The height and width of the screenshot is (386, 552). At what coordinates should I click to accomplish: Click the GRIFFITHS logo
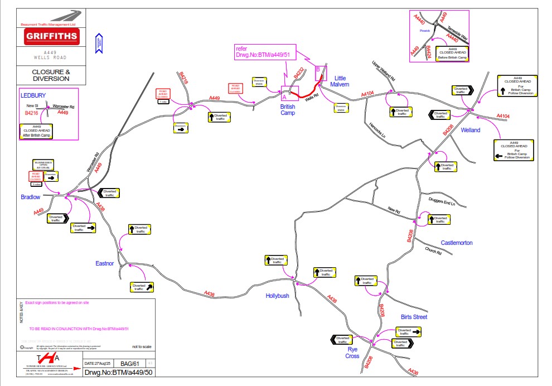pos(51,37)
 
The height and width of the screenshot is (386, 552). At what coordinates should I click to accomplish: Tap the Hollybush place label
pos(277,296)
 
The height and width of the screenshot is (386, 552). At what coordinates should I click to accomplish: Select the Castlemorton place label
pos(457,243)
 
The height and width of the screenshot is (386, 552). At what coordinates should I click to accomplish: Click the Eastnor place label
pos(104,263)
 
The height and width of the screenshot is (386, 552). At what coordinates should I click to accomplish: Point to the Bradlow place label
pos(31,197)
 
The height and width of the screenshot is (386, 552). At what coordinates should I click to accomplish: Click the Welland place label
pos(471,130)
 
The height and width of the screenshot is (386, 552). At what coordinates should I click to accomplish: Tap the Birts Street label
pos(414,317)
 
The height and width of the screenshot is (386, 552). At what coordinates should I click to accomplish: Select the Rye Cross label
pos(352,353)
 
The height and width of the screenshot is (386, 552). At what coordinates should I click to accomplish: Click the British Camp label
pos(288,109)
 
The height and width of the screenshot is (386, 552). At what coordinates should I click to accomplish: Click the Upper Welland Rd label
pos(383,69)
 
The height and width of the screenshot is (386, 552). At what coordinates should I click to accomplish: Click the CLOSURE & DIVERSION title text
pos(51,75)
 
